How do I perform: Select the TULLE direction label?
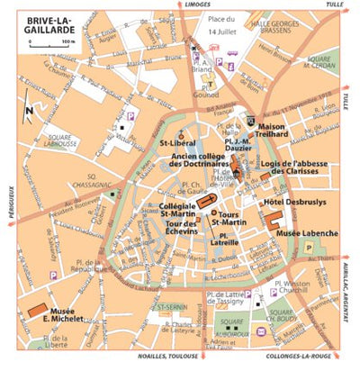pos(336,5)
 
